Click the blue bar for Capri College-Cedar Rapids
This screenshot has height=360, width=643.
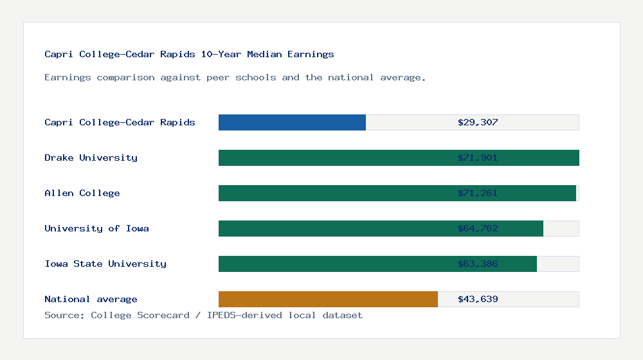tap(292, 122)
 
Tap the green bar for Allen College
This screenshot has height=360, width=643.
tap(334, 193)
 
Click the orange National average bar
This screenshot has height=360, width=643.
tap(328, 299)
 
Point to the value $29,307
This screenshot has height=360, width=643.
tap(478, 122)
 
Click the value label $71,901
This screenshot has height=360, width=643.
tap(478, 157)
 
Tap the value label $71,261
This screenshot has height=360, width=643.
tap(478, 193)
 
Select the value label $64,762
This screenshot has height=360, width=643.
tap(478, 228)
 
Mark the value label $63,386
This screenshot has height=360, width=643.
tap(478, 264)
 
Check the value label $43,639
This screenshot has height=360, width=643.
tap(478, 299)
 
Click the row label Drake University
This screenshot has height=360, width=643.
tap(91, 157)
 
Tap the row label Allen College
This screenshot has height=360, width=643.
tap(82, 193)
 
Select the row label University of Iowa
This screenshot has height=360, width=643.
tap(96, 228)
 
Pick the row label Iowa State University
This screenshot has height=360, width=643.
tap(105, 264)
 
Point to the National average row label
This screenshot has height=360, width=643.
tap(91, 299)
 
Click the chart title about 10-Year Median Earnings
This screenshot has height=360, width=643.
tap(189, 54)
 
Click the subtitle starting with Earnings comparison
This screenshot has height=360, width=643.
tap(235, 77)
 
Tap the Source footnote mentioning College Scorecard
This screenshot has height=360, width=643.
tap(203, 315)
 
